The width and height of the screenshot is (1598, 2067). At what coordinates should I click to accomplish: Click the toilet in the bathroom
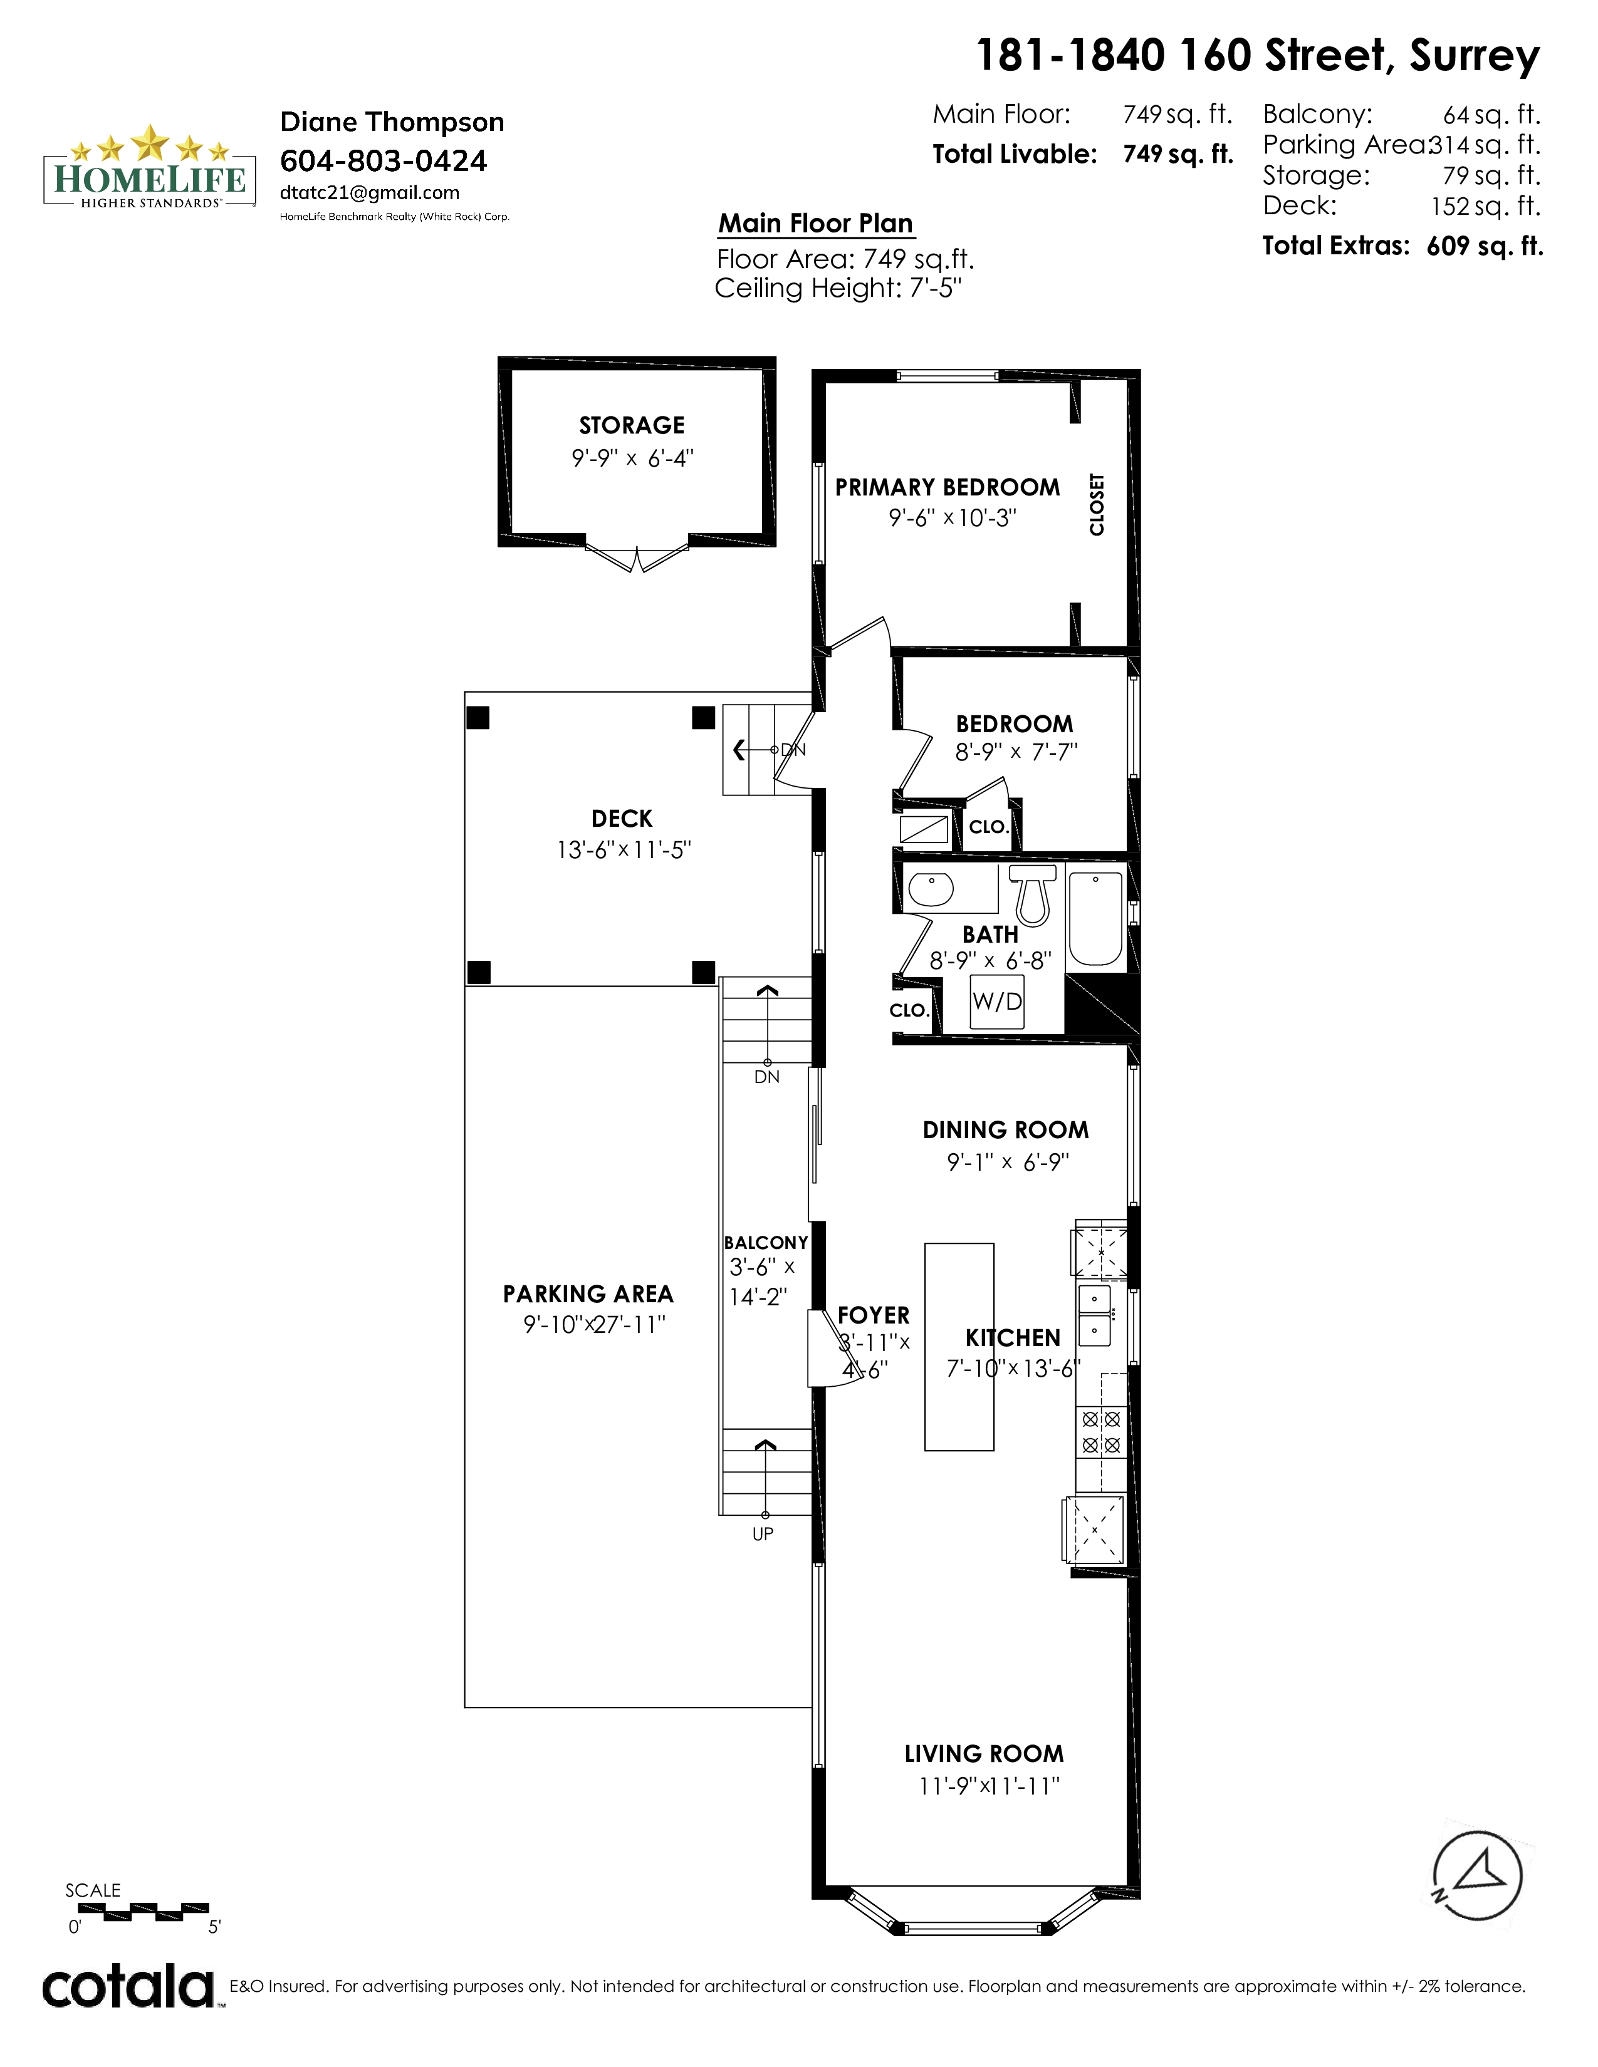pos(1032,894)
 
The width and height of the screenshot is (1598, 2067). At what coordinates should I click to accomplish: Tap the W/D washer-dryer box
pos(997,1002)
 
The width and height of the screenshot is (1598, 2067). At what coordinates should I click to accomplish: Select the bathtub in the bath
pos(1095,918)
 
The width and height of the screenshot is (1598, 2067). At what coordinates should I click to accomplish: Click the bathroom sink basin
pos(931,889)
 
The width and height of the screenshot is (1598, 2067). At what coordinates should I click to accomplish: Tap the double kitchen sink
pos(1095,1315)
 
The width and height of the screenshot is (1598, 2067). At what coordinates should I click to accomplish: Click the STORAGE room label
pos(632,425)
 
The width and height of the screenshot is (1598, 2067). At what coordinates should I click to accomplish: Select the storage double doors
pos(636,556)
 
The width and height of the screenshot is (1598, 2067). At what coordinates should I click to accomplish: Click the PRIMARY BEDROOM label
pos(948,487)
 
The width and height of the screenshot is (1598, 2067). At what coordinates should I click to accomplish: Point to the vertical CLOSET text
pos(1097,504)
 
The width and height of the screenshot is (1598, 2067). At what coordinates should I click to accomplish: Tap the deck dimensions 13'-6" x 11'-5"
pos(624,850)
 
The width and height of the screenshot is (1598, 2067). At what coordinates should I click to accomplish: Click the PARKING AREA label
pos(588,1294)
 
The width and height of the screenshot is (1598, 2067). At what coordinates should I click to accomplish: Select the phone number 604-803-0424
pos(384,161)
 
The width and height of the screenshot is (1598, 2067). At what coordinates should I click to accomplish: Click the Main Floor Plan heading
pos(816,224)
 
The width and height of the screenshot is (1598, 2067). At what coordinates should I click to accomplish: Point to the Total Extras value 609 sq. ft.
pos(1485,246)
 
